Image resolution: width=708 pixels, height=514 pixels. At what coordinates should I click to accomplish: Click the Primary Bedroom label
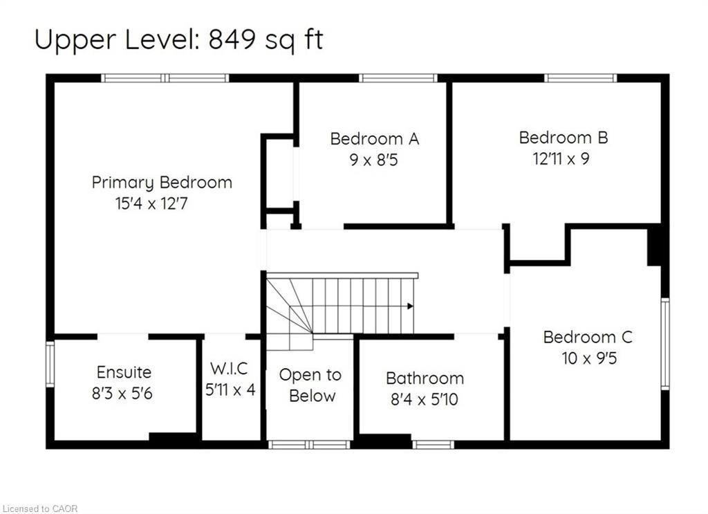tap(162, 183)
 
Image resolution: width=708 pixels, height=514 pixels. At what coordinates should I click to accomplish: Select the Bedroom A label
tap(374, 138)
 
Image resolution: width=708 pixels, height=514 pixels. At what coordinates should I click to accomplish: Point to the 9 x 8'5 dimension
tap(374, 160)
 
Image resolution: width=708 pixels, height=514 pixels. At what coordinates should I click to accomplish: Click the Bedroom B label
tap(563, 137)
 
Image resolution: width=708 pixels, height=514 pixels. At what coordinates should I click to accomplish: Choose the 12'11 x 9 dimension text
tap(561, 158)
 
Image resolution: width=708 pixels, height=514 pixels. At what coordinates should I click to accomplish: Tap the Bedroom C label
tap(588, 337)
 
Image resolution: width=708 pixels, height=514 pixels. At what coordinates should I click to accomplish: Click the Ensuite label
tap(124, 372)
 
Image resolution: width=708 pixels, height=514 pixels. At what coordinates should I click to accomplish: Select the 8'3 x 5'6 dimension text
tap(122, 394)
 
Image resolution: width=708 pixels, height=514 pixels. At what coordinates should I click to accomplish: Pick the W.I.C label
tap(230, 368)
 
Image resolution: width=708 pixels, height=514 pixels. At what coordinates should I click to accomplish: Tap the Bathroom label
tap(425, 378)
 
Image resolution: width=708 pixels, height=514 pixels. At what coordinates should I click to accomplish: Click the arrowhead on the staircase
tap(411, 305)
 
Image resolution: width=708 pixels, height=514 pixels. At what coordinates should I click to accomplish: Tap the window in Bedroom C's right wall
tap(665, 343)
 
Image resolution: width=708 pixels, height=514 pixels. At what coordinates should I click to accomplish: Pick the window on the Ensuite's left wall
tap(50, 364)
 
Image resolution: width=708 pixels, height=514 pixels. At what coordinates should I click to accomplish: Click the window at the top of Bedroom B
tap(580, 77)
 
